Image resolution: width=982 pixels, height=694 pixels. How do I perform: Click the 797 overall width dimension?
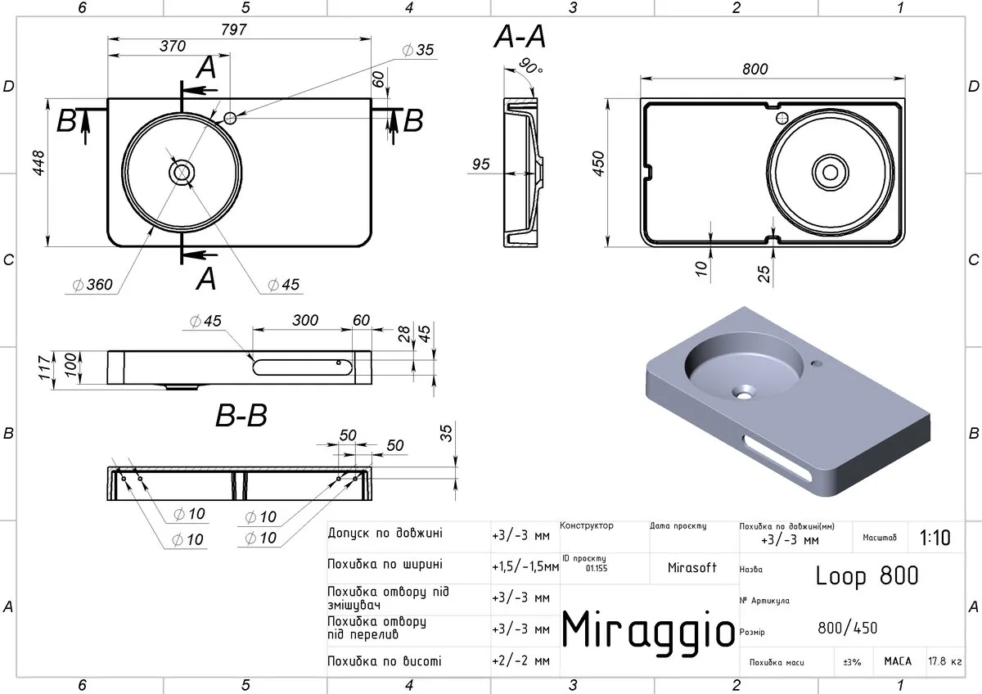(x=234, y=29)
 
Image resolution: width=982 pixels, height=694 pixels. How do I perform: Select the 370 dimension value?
(x=173, y=46)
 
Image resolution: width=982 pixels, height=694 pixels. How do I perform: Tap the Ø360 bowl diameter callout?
(x=93, y=285)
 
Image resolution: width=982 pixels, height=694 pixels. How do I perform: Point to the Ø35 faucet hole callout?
(x=418, y=50)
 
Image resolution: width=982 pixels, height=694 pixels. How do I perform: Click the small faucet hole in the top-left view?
(x=230, y=118)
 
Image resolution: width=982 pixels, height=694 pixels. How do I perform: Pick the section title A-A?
(x=520, y=36)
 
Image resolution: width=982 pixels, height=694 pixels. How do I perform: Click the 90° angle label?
(x=531, y=65)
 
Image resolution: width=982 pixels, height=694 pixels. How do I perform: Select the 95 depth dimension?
(x=480, y=164)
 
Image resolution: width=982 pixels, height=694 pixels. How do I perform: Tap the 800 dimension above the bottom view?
(x=755, y=69)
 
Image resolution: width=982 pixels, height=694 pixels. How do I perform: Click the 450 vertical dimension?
(x=598, y=164)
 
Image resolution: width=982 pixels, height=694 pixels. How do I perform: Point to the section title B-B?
(x=241, y=415)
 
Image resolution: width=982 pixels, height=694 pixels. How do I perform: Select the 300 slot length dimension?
(x=305, y=320)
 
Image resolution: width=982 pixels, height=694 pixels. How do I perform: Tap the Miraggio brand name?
(x=648, y=630)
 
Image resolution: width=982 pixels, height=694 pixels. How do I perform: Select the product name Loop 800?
(x=867, y=575)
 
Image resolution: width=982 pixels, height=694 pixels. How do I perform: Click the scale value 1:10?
(x=935, y=538)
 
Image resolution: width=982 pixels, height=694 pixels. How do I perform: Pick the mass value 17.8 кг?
(x=945, y=661)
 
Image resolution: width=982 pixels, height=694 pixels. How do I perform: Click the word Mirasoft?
(x=691, y=568)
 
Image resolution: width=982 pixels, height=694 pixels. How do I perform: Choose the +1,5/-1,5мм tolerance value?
(x=525, y=567)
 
